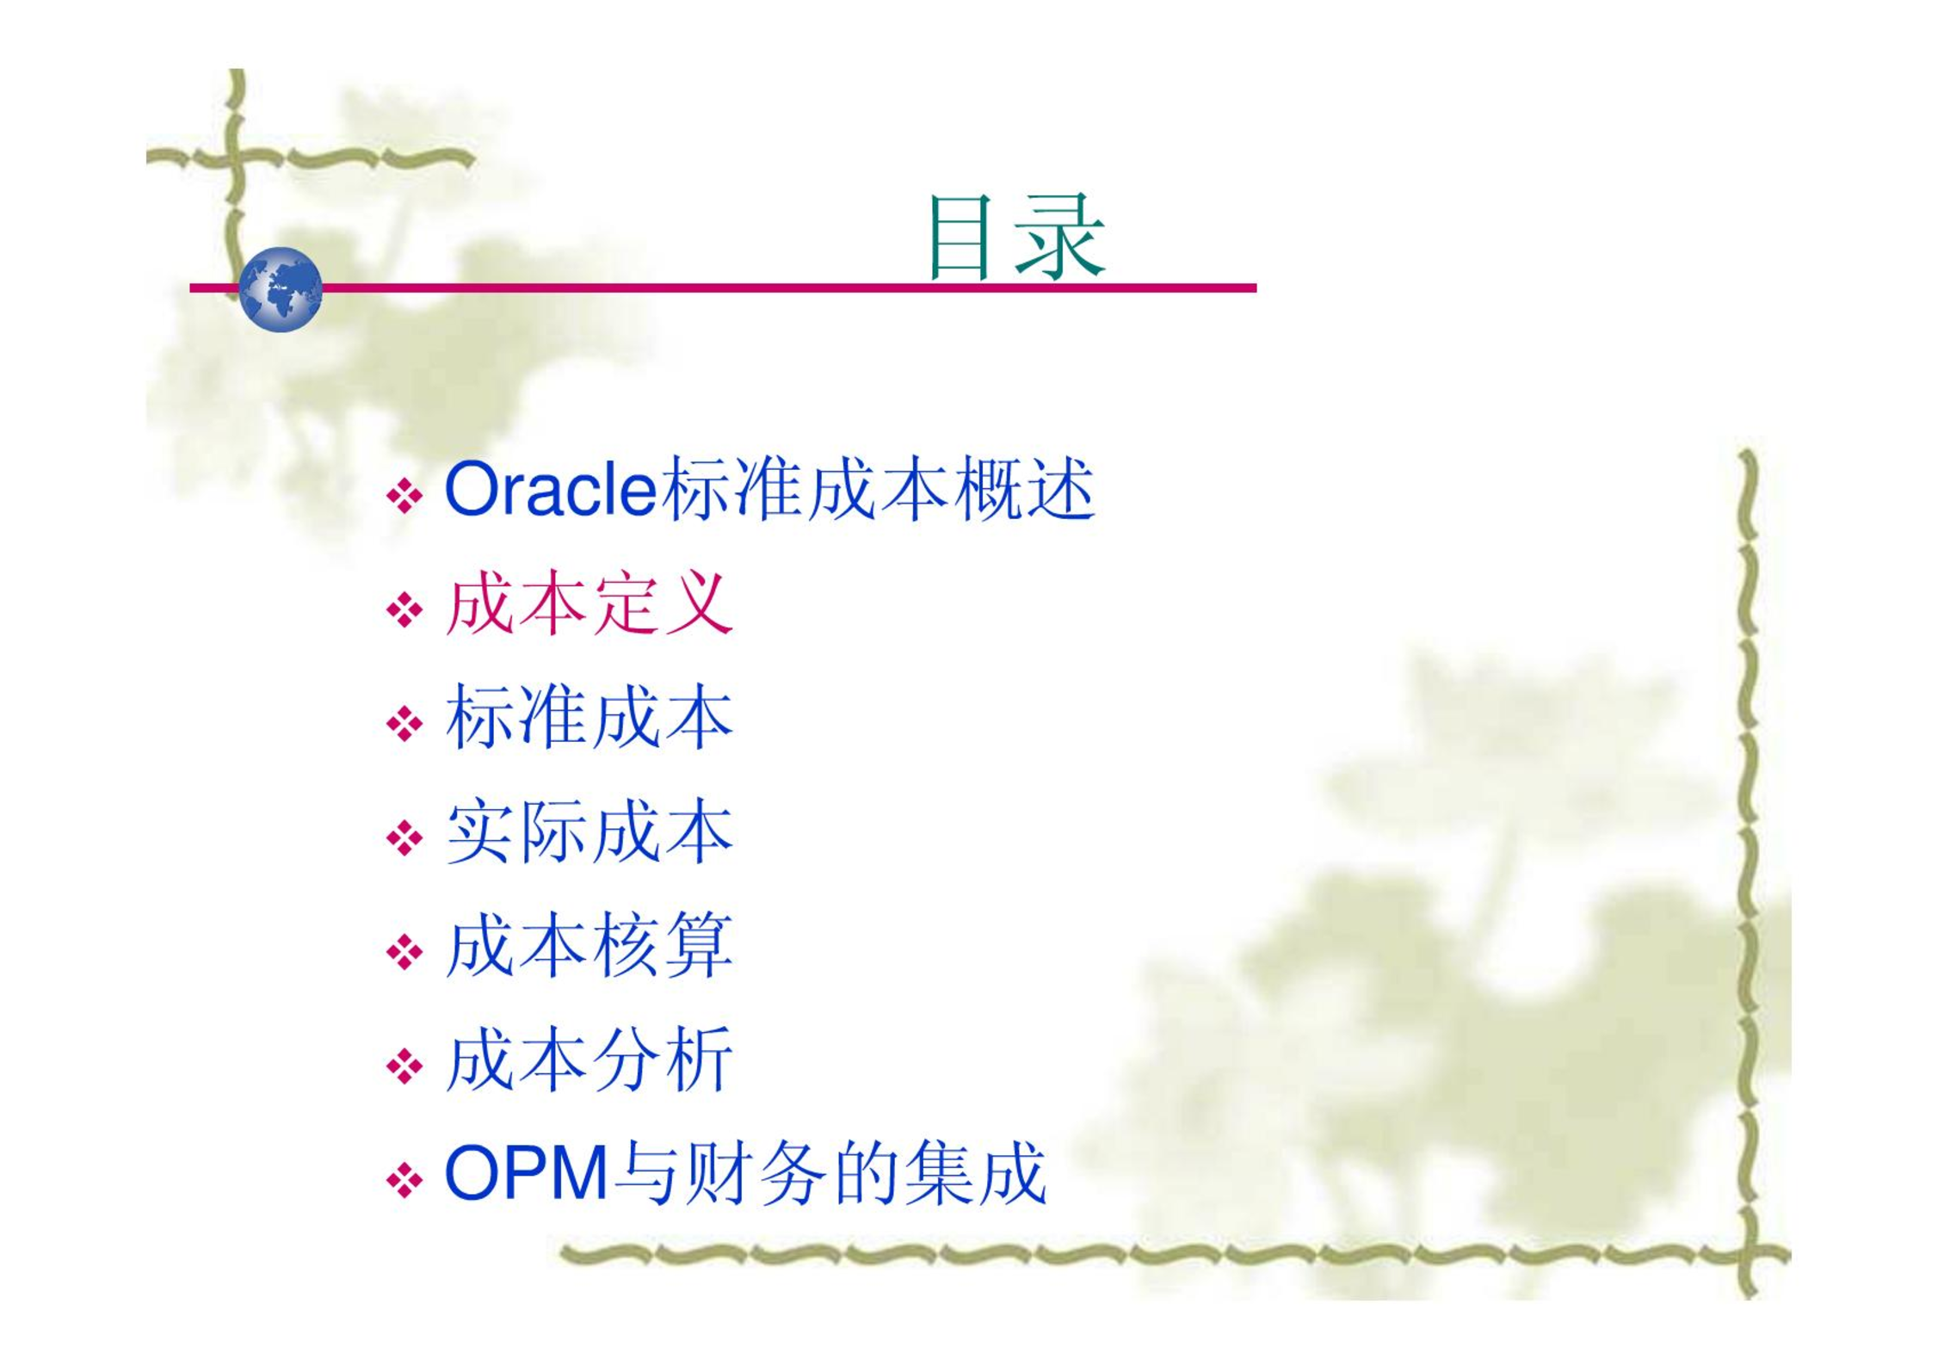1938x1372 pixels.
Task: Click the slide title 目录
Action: tap(1016, 237)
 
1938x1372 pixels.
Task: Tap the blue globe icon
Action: tap(281, 289)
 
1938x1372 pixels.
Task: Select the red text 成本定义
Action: tap(589, 603)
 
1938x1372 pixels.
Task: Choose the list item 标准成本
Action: tap(589, 717)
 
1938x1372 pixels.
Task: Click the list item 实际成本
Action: tap(589, 831)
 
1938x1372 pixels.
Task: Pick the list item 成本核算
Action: tap(589, 946)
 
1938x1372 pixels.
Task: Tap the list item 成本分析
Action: tap(589, 1060)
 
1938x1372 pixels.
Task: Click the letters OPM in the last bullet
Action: tap(527, 1172)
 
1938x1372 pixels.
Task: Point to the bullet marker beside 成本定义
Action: tap(404, 610)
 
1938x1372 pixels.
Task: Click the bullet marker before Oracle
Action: tap(404, 496)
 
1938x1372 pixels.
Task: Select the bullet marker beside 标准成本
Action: tap(404, 724)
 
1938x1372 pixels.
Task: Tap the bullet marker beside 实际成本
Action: tap(404, 838)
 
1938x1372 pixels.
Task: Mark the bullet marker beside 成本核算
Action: tap(404, 953)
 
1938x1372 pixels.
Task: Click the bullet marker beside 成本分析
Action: tap(404, 1067)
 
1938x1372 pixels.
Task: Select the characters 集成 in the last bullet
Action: tap(976, 1172)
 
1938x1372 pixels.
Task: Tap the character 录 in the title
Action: tap(1062, 237)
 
